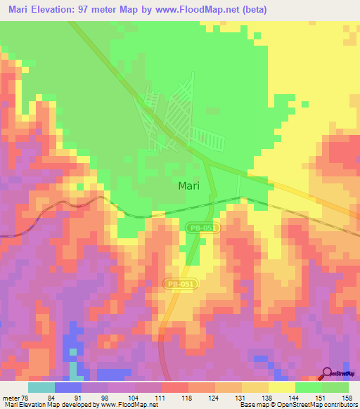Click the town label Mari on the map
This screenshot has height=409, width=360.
point(188,186)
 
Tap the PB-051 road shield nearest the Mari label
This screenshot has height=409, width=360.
point(203,228)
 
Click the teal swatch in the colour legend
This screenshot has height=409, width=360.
point(41,387)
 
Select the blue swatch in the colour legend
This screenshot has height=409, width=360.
point(68,387)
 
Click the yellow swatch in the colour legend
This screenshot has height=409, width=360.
point(282,387)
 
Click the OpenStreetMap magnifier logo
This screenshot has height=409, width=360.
point(326,374)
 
